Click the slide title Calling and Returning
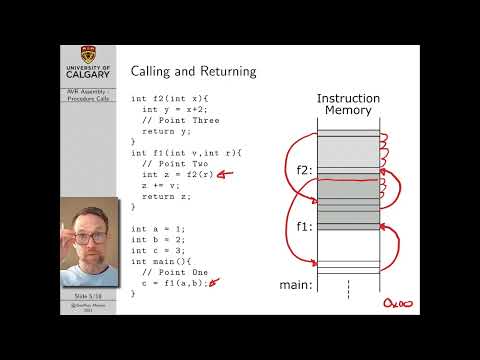(x=194, y=71)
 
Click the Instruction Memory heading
(x=348, y=104)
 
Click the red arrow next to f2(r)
(x=227, y=174)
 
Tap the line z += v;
(x=160, y=185)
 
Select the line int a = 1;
(x=158, y=229)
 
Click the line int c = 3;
(x=158, y=250)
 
